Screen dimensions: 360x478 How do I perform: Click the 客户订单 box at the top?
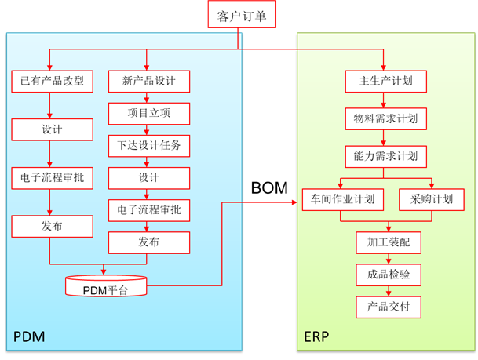[x=242, y=15]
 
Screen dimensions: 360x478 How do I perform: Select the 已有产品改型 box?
[x=52, y=81]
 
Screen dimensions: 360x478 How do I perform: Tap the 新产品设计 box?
[x=149, y=81]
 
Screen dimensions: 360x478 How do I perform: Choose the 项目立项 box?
[x=149, y=113]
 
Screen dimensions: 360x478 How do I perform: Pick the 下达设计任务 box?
[x=149, y=145]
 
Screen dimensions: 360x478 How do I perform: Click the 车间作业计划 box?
[x=343, y=199]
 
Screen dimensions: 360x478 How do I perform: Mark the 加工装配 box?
[x=389, y=242]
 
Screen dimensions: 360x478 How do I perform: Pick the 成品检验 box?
[x=389, y=274]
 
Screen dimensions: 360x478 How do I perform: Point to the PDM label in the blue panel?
[x=29, y=337]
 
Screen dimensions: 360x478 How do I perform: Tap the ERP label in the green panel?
[x=317, y=337]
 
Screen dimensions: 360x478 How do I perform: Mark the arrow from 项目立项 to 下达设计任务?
[x=148, y=129]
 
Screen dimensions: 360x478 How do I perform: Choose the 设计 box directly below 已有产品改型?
[x=52, y=129]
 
